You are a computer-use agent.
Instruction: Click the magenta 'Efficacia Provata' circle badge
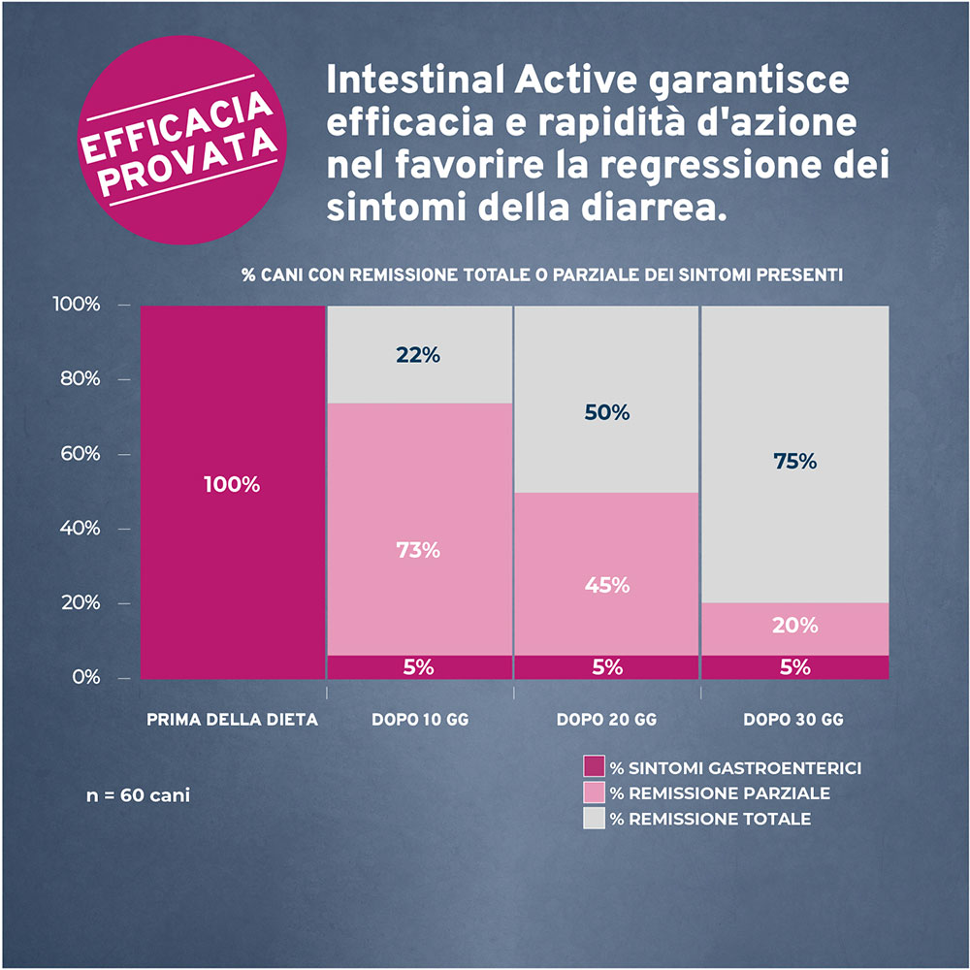coord(182,140)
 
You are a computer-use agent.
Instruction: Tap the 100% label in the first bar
coord(232,484)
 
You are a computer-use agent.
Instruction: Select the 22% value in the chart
coord(418,355)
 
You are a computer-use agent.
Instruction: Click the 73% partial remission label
coord(418,550)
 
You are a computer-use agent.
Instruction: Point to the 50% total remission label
coord(607,412)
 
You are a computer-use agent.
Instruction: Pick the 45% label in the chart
coord(607,585)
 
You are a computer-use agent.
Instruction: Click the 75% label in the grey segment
coord(795,462)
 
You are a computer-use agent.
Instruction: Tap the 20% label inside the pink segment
coord(795,626)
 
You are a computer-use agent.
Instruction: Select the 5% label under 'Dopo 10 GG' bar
coord(418,667)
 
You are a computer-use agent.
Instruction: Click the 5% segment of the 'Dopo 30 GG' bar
coord(795,667)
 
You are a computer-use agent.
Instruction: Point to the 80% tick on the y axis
coord(81,378)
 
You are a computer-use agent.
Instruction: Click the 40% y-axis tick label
coord(81,529)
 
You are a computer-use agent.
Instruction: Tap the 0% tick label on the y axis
coord(86,677)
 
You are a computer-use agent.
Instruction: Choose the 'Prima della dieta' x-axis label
coord(232,720)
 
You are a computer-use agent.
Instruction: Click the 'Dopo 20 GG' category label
coord(606,720)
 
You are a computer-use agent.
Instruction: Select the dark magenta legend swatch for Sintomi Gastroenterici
coord(594,766)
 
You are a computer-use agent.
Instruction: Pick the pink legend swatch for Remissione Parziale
coord(594,792)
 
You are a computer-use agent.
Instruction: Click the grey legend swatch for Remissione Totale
coord(594,818)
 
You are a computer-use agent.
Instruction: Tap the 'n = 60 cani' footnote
coord(138,795)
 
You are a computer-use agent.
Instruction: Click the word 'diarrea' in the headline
coord(654,208)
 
